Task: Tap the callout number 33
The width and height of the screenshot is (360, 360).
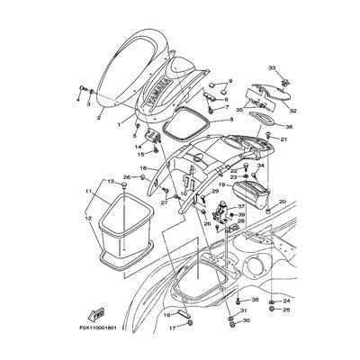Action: coord(273,67)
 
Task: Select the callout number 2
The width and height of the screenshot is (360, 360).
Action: coord(99,116)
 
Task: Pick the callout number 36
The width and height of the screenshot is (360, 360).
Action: coord(289,127)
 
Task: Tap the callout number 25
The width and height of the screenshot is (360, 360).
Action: coord(286,310)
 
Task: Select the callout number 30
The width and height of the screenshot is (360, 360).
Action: coord(246,321)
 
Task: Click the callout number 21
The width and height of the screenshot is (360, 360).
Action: coord(285,139)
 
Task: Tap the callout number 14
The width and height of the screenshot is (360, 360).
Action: coord(138,145)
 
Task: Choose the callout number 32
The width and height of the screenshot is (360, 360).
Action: coord(292,112)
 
